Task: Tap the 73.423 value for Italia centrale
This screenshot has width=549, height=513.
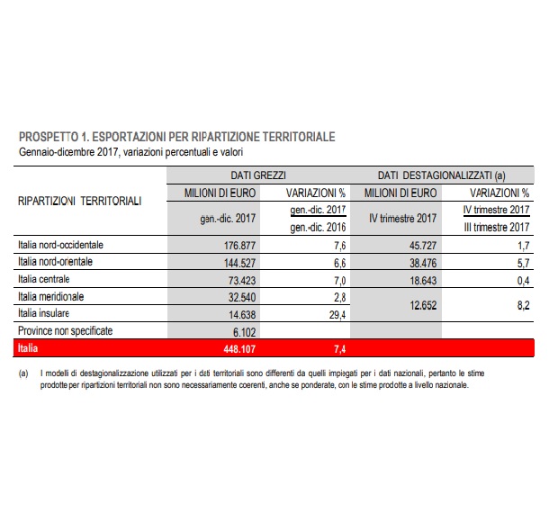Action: pyautogui.click(x=238, y=279)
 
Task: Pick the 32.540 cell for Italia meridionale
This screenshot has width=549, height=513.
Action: pyautogui.click(x=238, y=296)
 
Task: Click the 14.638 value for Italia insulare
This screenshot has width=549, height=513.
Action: pyautogui.click(x=238, y=313)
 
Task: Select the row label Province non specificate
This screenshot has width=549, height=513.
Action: pyautogui.click(x=65, y=330)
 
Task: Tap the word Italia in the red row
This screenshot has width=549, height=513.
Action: pyautogui.click(x=31, y=347)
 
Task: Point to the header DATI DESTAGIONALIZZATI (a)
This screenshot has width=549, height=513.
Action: pyautogui.click(x=440, y=175)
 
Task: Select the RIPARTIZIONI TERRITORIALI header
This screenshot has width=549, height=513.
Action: pyautogui.click(x=80, y=202)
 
